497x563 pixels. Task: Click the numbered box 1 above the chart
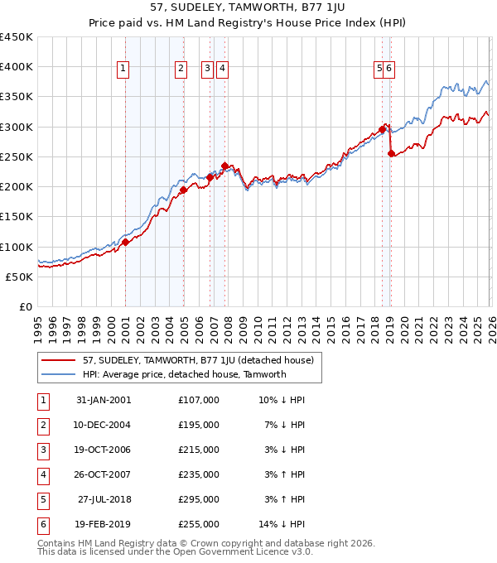point(123,70)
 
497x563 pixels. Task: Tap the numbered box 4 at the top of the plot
point(223,70)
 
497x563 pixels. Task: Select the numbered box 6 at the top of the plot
point(389,70)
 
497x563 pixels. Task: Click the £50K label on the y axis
point(20,277)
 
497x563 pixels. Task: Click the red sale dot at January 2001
point(126,243)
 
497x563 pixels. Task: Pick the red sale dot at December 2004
point(183,190)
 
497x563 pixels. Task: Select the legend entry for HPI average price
point(183,374)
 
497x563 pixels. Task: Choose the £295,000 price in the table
point(198,500)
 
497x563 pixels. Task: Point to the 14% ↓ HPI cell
point(282,525)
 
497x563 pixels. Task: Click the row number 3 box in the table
point(41,450)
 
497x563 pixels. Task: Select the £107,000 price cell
point(198,400)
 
